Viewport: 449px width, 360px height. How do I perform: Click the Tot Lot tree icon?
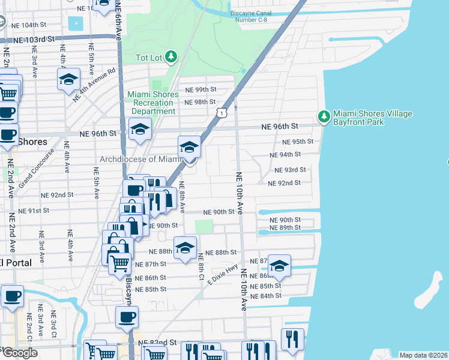pyautogui.click(x=172, y=56)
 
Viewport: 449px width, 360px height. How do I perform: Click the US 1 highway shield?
pyautogui.click(x=222, y=112)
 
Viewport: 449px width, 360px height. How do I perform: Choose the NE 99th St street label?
pyautogui.click(x=200, y=89)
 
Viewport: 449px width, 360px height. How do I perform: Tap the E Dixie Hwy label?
pyautogui.click(x=223, y=274)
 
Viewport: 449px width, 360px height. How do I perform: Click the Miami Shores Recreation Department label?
pyautogui.click(x=152, y=103)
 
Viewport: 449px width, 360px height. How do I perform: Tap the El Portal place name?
pyautogui.click(x=15, y=263)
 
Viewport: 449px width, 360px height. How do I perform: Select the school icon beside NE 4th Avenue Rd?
pyautogui.click(x=68, y=79)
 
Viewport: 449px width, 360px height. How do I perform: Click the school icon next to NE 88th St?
pyautogui.click(x=185, y=247)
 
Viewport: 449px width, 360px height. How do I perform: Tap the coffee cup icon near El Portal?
pyautogui.click(x=12, y=296)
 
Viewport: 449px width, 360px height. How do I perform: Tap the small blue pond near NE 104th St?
pyautogui.click(x=76, y=25)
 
